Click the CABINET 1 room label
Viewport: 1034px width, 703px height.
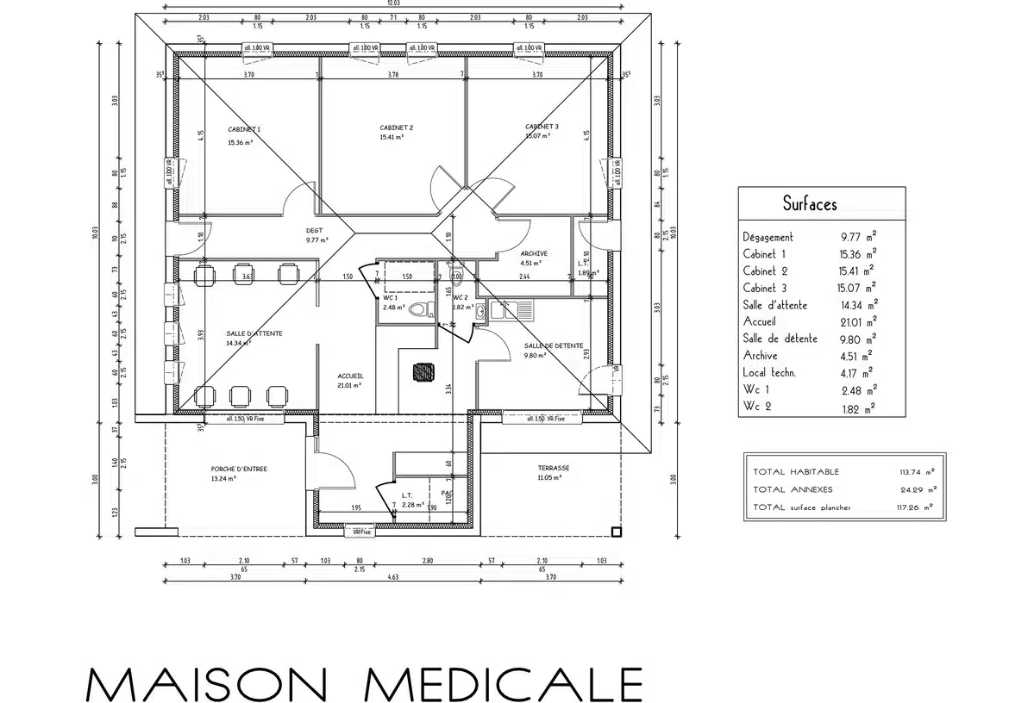(244, 129)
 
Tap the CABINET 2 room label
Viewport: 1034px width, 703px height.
(396, 128)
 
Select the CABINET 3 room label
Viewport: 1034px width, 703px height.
(542, 127)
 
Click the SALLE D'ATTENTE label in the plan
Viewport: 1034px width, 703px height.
(254, 333)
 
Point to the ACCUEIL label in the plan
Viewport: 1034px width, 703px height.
(350, 376)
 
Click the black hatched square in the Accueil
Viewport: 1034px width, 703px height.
(423, 371)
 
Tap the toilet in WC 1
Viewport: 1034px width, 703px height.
(418, 309)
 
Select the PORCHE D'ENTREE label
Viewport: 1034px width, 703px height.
(239, 470)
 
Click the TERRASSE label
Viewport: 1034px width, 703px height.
(554, 468)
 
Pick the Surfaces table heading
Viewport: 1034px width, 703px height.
(809, 204)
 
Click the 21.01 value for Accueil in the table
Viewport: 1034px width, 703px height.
(853, 321)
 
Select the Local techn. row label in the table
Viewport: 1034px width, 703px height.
(769, 372)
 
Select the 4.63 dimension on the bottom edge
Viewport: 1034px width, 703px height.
(393, 576)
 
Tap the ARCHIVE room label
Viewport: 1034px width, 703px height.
(534, 253)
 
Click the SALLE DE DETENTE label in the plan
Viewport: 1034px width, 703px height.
(554, 345)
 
